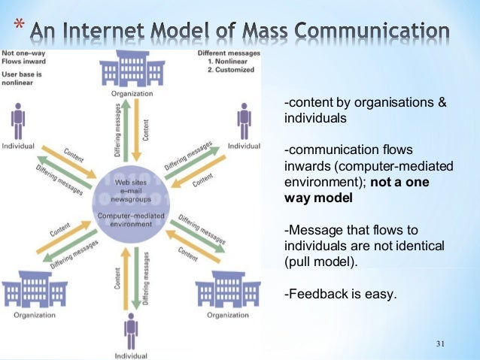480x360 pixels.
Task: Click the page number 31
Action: click(442, 344)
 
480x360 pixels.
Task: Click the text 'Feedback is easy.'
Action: click(340, 294)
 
